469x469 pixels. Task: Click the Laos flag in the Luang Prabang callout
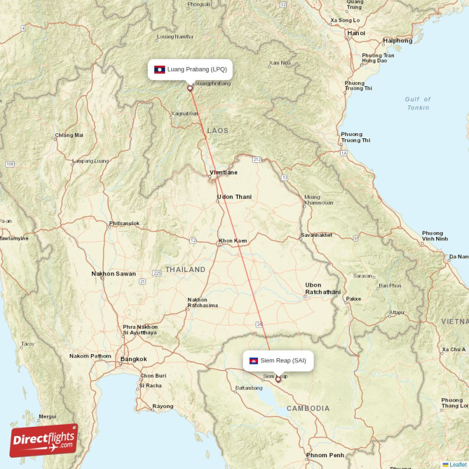pyautogui.click(x=159, y=69)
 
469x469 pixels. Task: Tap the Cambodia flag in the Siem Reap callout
pyautogui.click(x=254, y=361)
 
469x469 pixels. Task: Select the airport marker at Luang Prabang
pyautogui.click(x=189, y=89)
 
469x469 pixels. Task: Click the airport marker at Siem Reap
pyautogui.click(x=278, y=379)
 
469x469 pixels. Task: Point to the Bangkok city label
pyautogui.click(x=134, y=359)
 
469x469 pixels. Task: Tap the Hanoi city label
pyautogui.click(x=356, y=33)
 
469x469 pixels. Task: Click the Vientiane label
pyautogui.click(x=224, y=173)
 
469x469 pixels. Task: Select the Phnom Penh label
pyautogui.click(x=325, y=455)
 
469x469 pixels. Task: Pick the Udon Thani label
pyautogui.click(x=234, y=197)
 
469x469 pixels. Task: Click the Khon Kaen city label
pyautogui.click(x=233, y=241)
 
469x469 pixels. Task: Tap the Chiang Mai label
pyautogui.click(x=69, y=135)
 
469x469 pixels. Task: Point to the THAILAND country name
pyautogui.click(x=185, y=270)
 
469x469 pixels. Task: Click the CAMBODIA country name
pyautogui.click(x=308, y=408)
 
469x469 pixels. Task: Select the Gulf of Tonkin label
pyautogui.click(x=417, y=103)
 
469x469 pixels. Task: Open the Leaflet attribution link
pyautogui.click(x=458, y=464)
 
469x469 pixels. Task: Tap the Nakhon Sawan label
pyautogui.click(x=114, y=274)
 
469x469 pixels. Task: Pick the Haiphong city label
pyautogui.click(x=397, y=41)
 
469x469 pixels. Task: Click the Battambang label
pyautogui.click(x=249, y=388)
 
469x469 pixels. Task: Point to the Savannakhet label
pyautogui.click(x=316, y=235)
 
